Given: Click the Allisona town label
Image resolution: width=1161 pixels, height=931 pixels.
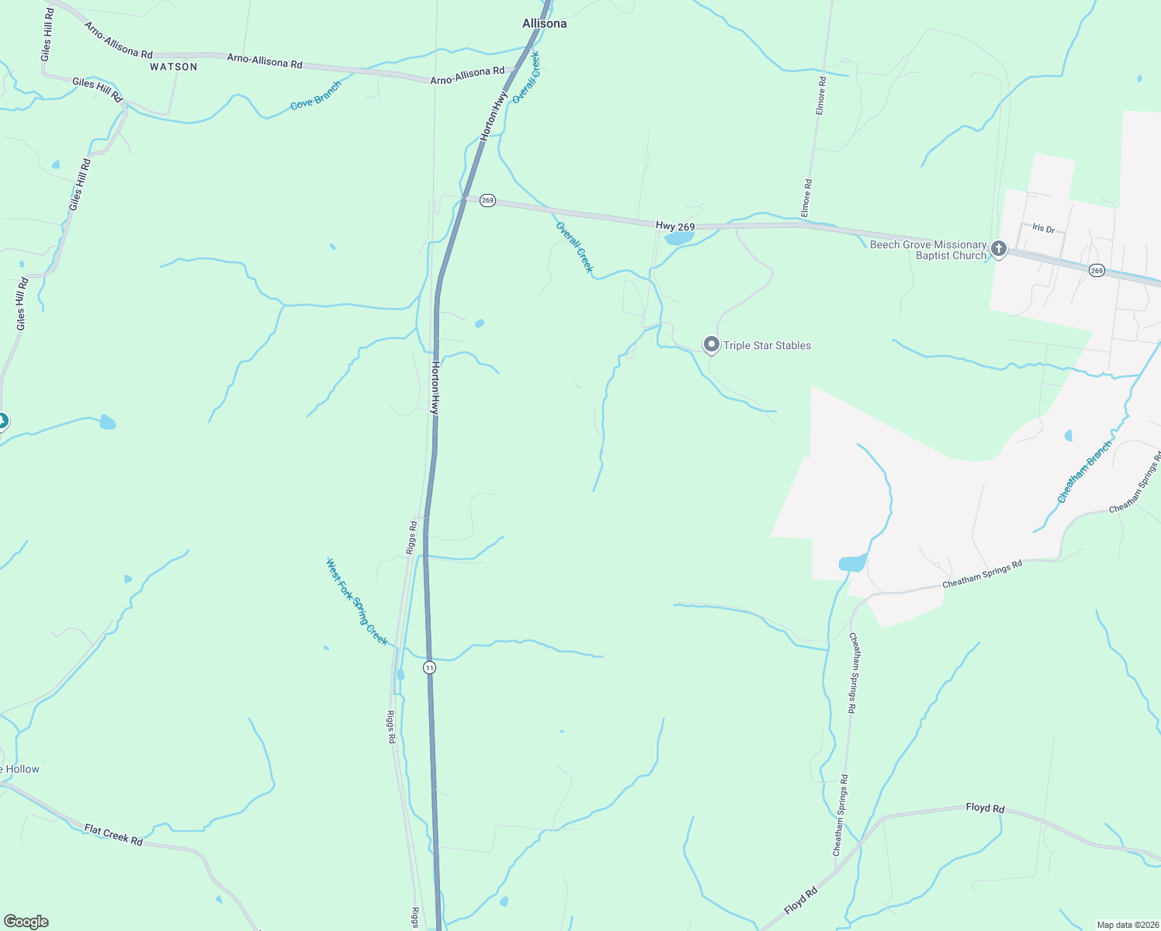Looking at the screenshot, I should point(544,24).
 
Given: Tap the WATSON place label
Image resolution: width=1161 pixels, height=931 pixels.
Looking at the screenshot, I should point(174,67).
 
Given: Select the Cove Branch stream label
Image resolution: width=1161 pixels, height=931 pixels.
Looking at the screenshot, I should point(316,95).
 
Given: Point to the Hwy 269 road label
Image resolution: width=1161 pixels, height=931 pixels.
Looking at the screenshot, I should point(674,226).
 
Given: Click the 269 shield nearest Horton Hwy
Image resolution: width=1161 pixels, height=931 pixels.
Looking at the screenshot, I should point(487,200).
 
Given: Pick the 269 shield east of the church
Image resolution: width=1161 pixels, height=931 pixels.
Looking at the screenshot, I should point(1096,270).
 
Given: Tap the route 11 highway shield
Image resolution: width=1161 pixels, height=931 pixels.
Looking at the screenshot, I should point(429,667).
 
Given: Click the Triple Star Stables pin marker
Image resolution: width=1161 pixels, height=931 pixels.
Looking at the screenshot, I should point(711,344).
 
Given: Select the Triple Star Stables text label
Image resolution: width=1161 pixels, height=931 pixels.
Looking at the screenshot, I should point(767,345).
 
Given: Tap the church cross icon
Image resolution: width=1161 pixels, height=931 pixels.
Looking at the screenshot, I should point(999,249).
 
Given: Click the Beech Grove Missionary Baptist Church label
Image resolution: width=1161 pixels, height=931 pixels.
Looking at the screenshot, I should point(928,250).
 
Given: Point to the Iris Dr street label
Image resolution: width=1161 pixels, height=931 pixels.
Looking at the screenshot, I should point(1043,228).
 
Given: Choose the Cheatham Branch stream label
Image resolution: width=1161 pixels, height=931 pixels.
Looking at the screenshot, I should point(1084,472).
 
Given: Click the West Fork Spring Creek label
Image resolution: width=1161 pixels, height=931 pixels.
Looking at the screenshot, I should point(356,601).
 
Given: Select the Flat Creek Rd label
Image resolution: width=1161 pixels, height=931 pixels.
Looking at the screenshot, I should point(113,835).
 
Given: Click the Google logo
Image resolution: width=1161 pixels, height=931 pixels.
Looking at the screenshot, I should point(26,922).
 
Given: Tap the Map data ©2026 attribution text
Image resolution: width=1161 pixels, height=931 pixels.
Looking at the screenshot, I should point(1127,925).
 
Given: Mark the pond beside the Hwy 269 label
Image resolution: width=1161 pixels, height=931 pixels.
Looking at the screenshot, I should point(679,238).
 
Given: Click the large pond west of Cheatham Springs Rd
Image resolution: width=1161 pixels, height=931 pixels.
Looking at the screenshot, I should point(852,563).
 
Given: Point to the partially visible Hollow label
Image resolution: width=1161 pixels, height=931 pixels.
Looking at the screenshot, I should point(20,769).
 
